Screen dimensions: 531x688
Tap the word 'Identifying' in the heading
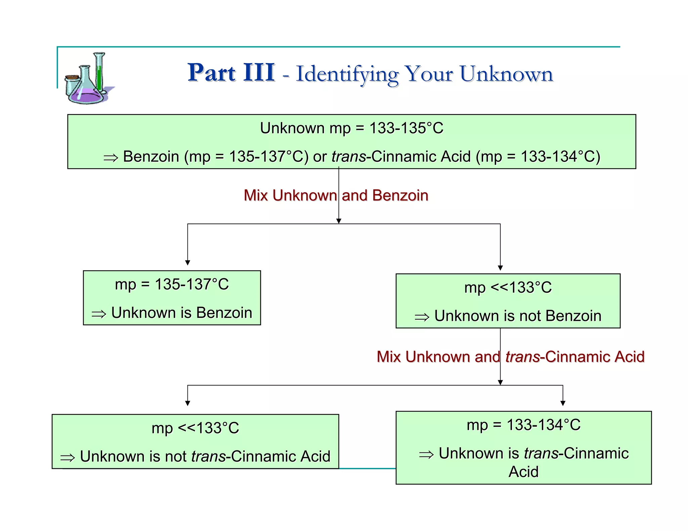(x=347, y=75)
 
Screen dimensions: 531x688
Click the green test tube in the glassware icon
(x=99, y=72)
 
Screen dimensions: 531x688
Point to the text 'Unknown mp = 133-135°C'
(x=351, y=128)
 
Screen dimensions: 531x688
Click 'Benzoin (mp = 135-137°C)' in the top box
(x=215, y=157)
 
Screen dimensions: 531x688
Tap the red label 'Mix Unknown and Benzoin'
(x=336, y=195)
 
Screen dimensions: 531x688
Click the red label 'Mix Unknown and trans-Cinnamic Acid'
(x=510, y=356)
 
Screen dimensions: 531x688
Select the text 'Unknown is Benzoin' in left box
(x=181, y=313)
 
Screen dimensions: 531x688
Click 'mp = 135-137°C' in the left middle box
(x=172, y=284)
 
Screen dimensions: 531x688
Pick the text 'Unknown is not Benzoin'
(x=517, y=316)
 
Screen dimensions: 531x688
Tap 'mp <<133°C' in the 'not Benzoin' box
(x=508, y=288)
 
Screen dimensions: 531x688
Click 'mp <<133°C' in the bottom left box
(x=195, y=428)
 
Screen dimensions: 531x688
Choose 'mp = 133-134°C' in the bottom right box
(x=523, y=425)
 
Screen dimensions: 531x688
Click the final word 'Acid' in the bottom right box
(x=523, y=472)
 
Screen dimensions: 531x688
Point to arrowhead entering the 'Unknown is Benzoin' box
(x=187, y=263)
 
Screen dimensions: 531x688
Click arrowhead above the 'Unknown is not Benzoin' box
(x=500, y=268)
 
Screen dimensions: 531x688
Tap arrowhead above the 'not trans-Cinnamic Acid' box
(x=187, y=403)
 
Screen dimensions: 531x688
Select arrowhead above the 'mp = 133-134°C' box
(x=563, y=403)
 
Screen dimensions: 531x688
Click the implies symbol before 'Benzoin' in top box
(x=111, y=158)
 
